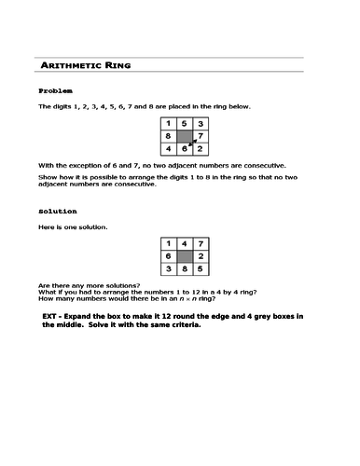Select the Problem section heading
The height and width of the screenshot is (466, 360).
[55, 91]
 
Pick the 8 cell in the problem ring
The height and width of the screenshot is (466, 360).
[168, 136]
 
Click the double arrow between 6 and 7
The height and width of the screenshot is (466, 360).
[193, 143]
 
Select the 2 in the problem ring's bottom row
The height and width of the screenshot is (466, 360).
[201, 149]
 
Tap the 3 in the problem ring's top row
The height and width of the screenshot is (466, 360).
[201, 123]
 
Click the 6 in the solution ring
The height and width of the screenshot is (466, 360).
[168, 255]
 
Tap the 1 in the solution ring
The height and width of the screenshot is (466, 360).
[168, 243]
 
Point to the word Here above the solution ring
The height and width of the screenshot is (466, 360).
[46, 227]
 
